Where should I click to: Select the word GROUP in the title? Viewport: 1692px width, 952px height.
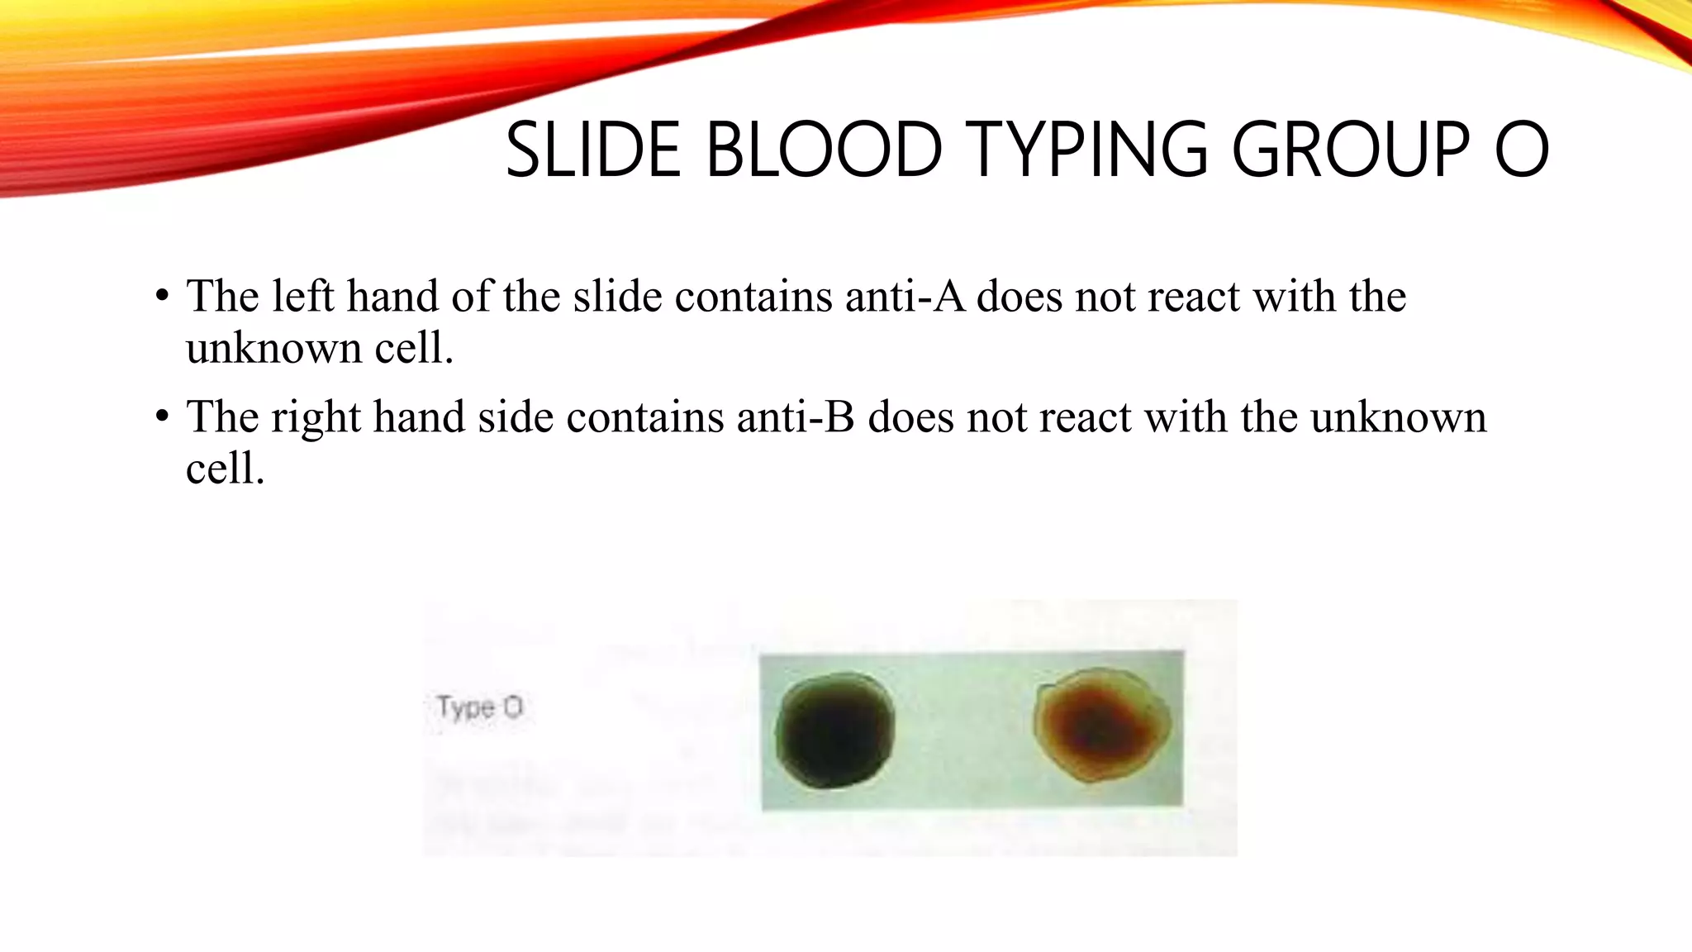(1351, 150)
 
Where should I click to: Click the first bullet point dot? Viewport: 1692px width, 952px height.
(161, 296)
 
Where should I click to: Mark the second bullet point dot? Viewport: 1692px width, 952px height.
(161, 416)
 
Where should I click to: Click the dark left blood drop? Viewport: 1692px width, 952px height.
(834, 731)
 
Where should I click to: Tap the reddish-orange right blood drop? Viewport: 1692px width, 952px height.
(1100, 725)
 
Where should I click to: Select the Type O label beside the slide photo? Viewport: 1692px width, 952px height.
(479, 707)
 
